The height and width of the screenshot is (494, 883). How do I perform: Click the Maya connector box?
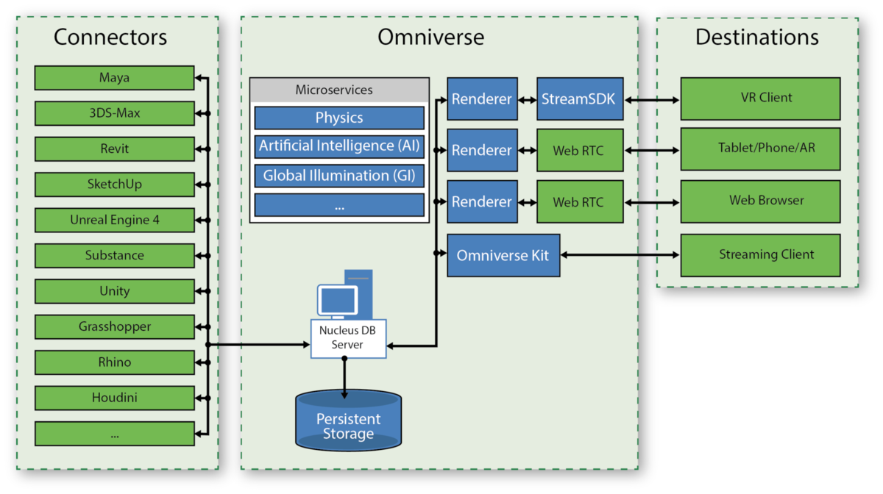pyautogui.click(x=114, y=78)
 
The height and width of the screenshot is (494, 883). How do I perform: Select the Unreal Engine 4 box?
pyautogui.click(x=114, y=220)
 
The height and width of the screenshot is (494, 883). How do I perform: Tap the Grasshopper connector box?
pyautogui.click(x=114, y=326)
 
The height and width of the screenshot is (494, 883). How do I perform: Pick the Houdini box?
pyautogui.click(x=114, y=398)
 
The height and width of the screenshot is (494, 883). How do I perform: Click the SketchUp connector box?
pyautogui.click(x=114, y=184)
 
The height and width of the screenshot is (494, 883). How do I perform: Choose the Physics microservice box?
pyautogui.click(x=339, y=118)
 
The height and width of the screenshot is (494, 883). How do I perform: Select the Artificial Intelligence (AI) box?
pyautogui.click(x=339, y=146)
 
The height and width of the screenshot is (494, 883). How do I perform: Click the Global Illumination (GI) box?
pyautogui.click(x=339, y=176)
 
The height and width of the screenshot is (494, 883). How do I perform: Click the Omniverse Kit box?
pyautogui.click(x=503, y=255)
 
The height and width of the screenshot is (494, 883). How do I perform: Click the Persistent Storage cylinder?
pyautogui.click(x=348, y=420)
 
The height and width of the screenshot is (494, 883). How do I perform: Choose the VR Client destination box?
pyautogui.click(x=760, y=99)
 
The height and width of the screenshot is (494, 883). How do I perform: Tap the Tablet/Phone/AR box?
pyautogui.click(x=760, y=149)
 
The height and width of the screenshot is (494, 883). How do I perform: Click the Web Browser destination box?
pyautogui.click(x=760, y=201)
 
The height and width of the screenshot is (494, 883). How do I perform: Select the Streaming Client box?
pyautogui.click(x=760, y=255)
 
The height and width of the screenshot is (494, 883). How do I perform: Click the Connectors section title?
pyautogui.click(x=110, y=37)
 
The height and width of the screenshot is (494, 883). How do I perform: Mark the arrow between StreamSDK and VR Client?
pyautogui.click(x=652, y=99)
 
